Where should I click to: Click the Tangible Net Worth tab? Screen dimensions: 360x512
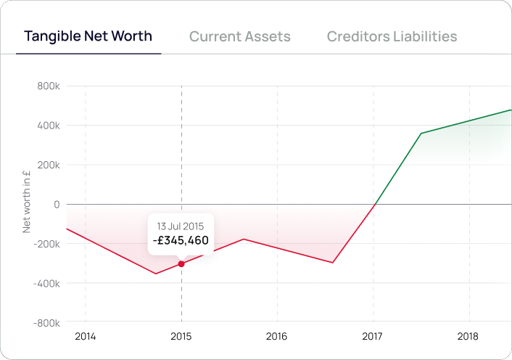pos(88,36)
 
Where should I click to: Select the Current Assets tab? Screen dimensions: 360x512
pos(239,36)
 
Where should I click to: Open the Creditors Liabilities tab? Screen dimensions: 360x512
pos(392,36)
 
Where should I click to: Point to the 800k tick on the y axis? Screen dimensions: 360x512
pos(48,86)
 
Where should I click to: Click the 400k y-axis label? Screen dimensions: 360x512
pos(48,126)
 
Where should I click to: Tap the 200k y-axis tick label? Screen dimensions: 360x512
pos(48,165)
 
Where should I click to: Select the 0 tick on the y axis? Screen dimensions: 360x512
pos(56,204)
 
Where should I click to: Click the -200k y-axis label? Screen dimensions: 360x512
pos(46,244)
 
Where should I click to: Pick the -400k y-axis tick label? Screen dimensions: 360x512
pos(46,283)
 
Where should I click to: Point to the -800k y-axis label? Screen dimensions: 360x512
pos(46,322)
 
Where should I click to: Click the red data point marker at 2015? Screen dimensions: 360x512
pos(181,263)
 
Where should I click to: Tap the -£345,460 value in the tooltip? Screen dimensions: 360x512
pos(181,240)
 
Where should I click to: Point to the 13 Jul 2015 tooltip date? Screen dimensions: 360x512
pos(181,224)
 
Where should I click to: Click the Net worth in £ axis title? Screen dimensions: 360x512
pos(27,202)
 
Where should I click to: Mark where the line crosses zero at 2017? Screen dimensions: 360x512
pos(373,205)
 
